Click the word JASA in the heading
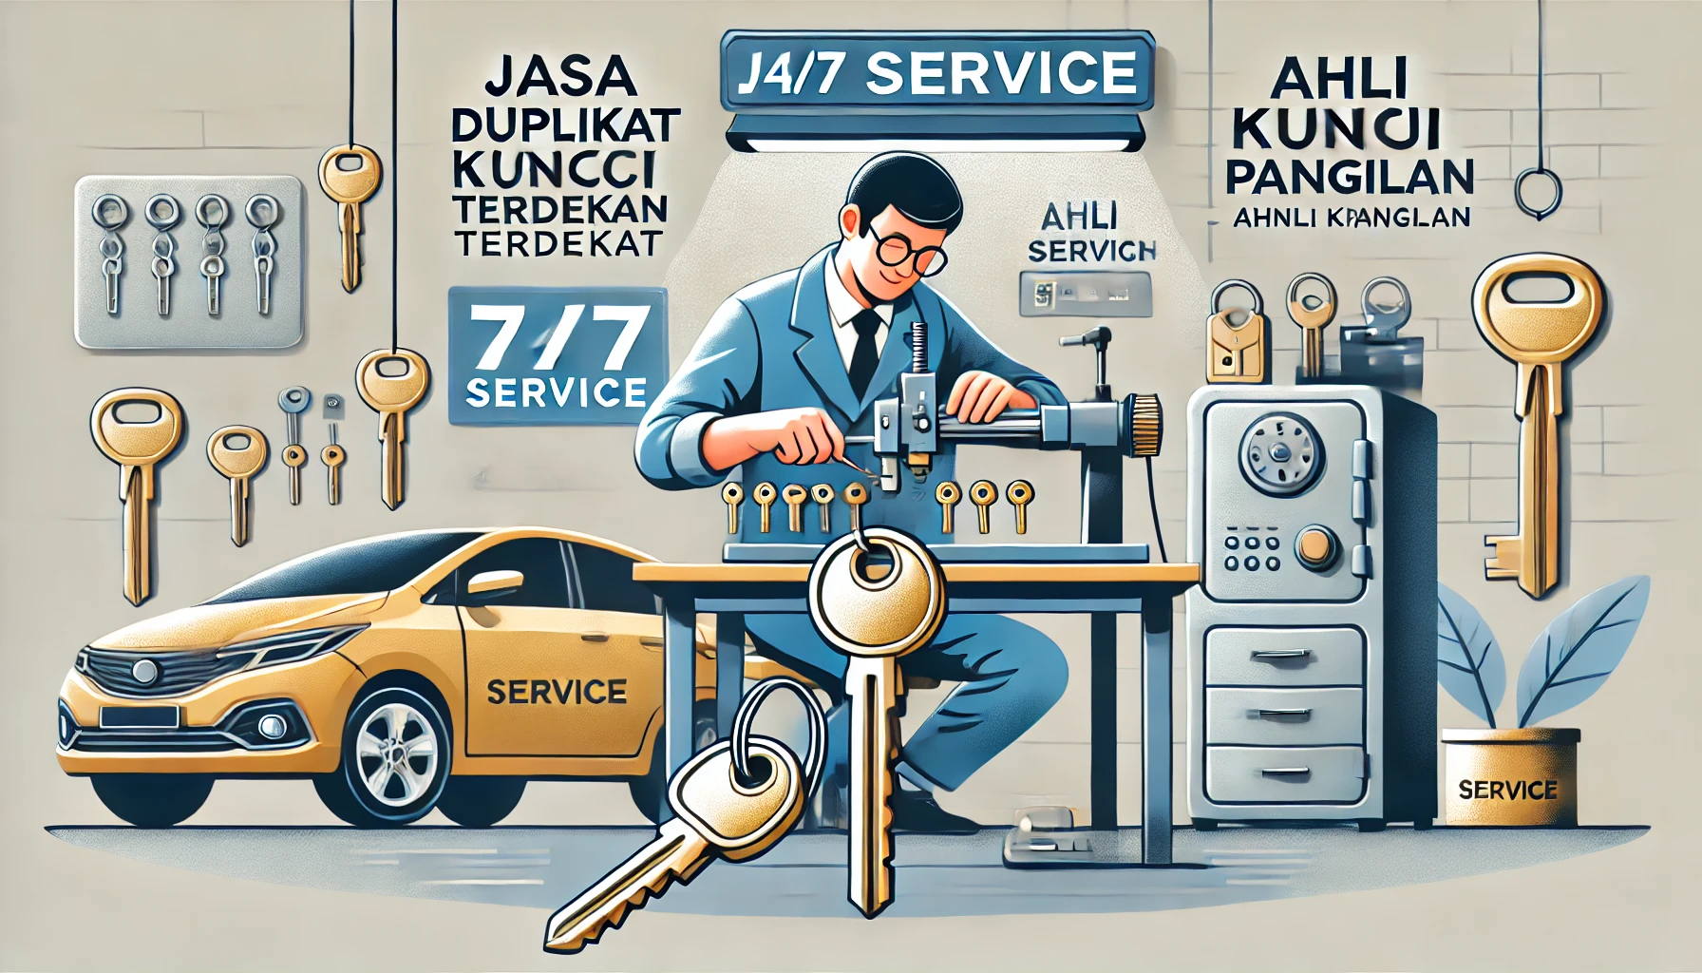[x=560, y=78]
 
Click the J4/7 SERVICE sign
[x=936, y=74]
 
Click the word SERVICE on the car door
[x=557, y=691]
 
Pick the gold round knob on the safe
[x=1316, y=546]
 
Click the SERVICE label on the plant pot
[x=1507, y=790]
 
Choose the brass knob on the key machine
[x=1146, y=421]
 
